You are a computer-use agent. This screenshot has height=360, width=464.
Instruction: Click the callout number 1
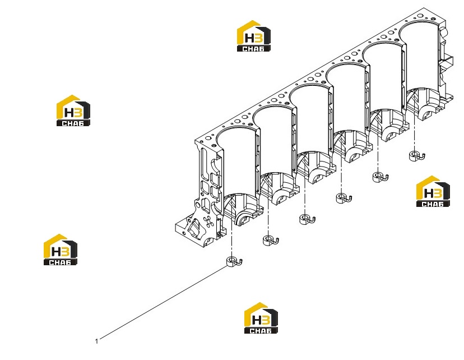coord(96,341)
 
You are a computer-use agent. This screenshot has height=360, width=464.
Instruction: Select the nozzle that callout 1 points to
coord(234,261)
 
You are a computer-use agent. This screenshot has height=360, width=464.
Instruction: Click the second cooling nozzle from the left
coord(271,240)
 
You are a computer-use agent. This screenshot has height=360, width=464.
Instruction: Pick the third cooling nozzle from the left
coord(308,219)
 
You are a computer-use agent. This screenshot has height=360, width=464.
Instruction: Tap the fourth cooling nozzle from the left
coord(344,198)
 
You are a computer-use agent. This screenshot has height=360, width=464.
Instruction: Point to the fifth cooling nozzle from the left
coord(381,177)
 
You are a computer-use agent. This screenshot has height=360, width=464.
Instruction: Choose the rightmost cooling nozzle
coord(417,155)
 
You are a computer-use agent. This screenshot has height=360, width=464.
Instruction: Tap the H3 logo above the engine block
coord(254,36)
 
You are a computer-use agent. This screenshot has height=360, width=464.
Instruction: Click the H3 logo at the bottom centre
coord(261,318)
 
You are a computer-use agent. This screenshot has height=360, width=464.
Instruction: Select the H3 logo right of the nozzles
coord(433,191)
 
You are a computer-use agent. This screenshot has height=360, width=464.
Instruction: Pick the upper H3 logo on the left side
coord(73,110)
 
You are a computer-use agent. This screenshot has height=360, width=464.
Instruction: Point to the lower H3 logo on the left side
coord(61,250)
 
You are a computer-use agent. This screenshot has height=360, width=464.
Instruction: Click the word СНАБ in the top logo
coord(253,49)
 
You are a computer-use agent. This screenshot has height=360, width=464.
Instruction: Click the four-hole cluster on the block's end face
coord(209,221)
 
